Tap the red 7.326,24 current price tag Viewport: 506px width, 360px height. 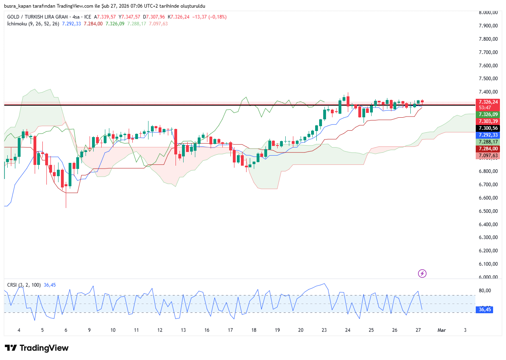[489, 102]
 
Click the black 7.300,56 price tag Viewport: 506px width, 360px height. [489, 128]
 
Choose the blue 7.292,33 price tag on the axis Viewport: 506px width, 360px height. [489, 135]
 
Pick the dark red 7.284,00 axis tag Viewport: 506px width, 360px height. [489, 149]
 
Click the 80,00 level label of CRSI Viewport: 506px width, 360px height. [485, 291]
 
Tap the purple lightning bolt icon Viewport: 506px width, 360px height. [422, 274]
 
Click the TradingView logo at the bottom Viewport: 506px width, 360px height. [37, 348]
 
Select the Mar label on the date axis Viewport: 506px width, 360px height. [442, 330]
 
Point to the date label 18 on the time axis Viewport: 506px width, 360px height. [254, 330]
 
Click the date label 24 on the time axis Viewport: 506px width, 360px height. [347, 330]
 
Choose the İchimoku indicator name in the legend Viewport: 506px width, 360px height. [17, 24]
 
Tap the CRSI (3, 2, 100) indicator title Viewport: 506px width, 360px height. [24, 285]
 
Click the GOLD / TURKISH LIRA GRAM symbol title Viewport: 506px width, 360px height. [37, 17]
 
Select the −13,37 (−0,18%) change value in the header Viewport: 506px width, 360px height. [209, 17]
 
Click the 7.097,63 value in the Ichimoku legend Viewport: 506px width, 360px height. [158, 24]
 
